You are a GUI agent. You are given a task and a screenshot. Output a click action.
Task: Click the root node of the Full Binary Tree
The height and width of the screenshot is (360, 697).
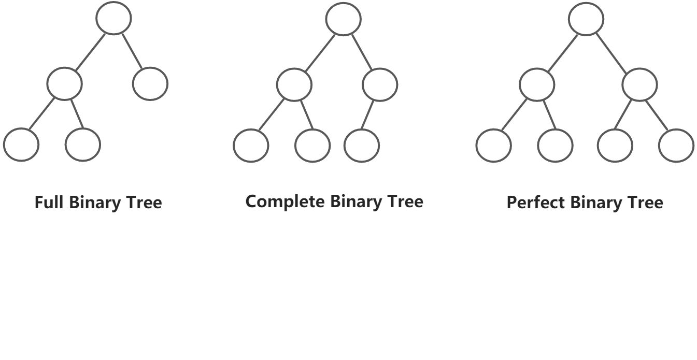point(113,18)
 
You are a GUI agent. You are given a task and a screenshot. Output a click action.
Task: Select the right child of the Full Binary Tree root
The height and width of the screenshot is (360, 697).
point(150,83)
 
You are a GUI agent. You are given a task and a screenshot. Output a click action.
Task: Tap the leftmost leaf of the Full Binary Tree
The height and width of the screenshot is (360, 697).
point(21,145)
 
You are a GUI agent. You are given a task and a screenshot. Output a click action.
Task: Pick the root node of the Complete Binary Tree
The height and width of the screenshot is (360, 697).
point(343,19)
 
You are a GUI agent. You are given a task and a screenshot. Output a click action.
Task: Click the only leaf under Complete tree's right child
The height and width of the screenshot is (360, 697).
point(362,146)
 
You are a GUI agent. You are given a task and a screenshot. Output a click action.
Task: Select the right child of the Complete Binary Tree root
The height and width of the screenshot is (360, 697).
point(380,84)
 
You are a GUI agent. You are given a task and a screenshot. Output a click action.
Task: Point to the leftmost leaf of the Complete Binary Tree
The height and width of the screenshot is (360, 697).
point(251,146)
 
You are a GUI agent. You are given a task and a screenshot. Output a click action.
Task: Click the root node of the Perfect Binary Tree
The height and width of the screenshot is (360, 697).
point(586,19)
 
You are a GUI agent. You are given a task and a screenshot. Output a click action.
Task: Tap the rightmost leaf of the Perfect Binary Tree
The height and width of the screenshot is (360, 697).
point(676,146)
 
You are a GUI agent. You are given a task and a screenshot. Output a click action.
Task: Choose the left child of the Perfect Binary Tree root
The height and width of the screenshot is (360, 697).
point(537,84)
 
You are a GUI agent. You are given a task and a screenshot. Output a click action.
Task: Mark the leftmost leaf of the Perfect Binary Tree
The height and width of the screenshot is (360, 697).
point(493,146)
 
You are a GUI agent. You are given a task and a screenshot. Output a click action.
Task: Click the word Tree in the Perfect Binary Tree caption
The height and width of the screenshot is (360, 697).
point(645,202)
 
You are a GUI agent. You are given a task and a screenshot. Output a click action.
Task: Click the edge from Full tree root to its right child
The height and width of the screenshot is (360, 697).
point(132,51)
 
